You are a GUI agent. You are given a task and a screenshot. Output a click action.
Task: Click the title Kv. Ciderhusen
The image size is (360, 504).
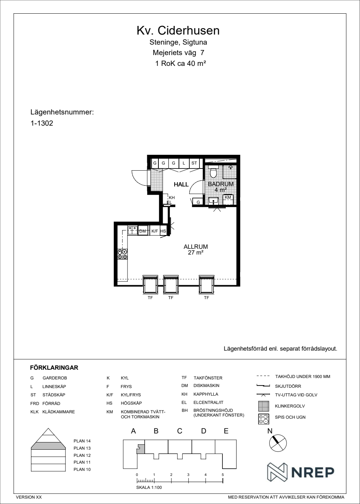178,31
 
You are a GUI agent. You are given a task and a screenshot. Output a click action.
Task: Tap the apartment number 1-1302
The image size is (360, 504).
42,123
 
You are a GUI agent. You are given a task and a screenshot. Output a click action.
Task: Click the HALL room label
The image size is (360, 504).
181,184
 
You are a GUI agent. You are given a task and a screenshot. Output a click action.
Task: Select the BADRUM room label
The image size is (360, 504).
220,184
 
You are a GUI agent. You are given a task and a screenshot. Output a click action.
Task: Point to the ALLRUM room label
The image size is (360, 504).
196,247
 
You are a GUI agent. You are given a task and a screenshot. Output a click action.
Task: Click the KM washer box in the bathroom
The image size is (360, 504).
228,199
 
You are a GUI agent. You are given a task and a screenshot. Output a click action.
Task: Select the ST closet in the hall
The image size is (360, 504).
194,163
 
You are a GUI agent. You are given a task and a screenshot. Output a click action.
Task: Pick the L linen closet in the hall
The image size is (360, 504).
184,163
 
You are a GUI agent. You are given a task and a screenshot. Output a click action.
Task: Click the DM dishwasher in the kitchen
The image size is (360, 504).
143,231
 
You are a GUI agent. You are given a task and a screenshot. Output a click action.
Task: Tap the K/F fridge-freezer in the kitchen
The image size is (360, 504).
155,231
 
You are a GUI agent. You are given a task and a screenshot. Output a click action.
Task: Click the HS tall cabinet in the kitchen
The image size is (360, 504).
163,231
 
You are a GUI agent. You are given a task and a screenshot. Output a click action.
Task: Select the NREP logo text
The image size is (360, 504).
313,472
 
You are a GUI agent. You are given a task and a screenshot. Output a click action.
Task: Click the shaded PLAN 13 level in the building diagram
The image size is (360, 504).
48,446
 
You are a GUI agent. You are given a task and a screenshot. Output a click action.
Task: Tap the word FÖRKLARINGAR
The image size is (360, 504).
54,368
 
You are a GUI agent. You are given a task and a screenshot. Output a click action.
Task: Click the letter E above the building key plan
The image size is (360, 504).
226,431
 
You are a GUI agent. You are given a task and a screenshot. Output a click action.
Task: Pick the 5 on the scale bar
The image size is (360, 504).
223,475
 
